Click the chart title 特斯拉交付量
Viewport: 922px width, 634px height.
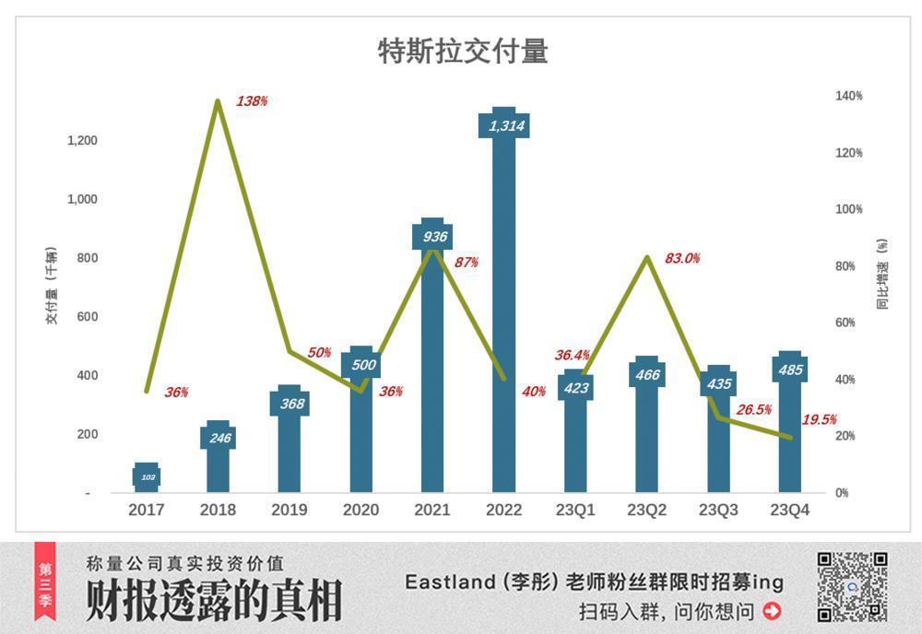pyautogui.click(x=463, y=52)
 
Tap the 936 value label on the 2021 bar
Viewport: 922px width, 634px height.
pyautogui.click(x=432, y=237)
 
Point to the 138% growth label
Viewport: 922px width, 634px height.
pyautogui.click(x=252, y=101)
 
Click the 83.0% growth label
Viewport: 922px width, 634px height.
pyautogui.click(x=682, y=259)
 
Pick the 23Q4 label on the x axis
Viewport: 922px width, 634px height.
pyautogui.click(x=791, y=510)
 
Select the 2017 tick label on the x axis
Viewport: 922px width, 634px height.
pyautogui.click(x=147, y=510)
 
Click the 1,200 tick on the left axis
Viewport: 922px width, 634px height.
pyautogui.click(x=82, y=140)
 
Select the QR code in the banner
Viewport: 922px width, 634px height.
pyautogui.click(x=852, y=587)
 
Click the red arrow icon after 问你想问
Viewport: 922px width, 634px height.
pyautogui.click(x=772, y=610)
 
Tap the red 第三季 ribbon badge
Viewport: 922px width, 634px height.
pyautogui.click(x=45, y=581)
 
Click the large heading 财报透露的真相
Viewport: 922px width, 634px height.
pyautogui.click(x=213, y=601)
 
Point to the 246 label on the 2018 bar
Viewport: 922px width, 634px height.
pyautogui.click(x=219, y=438)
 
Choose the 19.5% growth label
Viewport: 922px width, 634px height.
pyautogui.click(x=819, y=419)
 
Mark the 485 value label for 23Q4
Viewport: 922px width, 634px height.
pyautogui.click(x=790, y=370)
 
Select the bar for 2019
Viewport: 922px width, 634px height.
pyautogui.click(x=290, y=442)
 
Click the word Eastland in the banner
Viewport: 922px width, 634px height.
pyautogui.click(x=444, y=582)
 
